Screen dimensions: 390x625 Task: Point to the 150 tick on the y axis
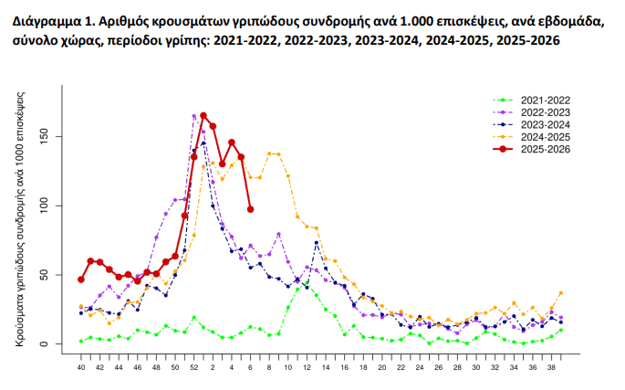click(54, 137)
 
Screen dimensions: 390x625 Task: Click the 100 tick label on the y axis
click(54, 206)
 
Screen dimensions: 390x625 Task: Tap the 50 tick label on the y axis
click(54, 275)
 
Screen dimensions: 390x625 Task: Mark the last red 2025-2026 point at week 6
click(250, 209)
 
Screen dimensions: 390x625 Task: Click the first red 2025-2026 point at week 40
click(81, 279)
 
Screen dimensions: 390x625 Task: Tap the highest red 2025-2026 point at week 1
click(203, 116)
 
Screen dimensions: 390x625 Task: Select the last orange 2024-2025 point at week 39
click(560, 293)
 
